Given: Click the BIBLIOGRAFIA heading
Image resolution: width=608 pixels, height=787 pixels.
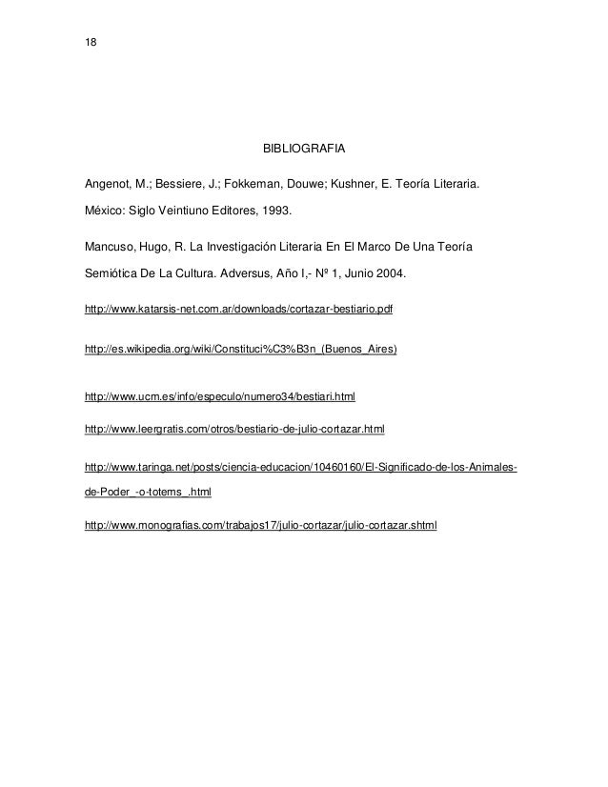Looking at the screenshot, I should (303, 151).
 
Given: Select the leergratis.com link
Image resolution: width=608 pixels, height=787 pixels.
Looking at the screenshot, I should (234, 430).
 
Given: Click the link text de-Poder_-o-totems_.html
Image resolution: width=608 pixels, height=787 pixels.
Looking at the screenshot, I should (148, 494).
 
